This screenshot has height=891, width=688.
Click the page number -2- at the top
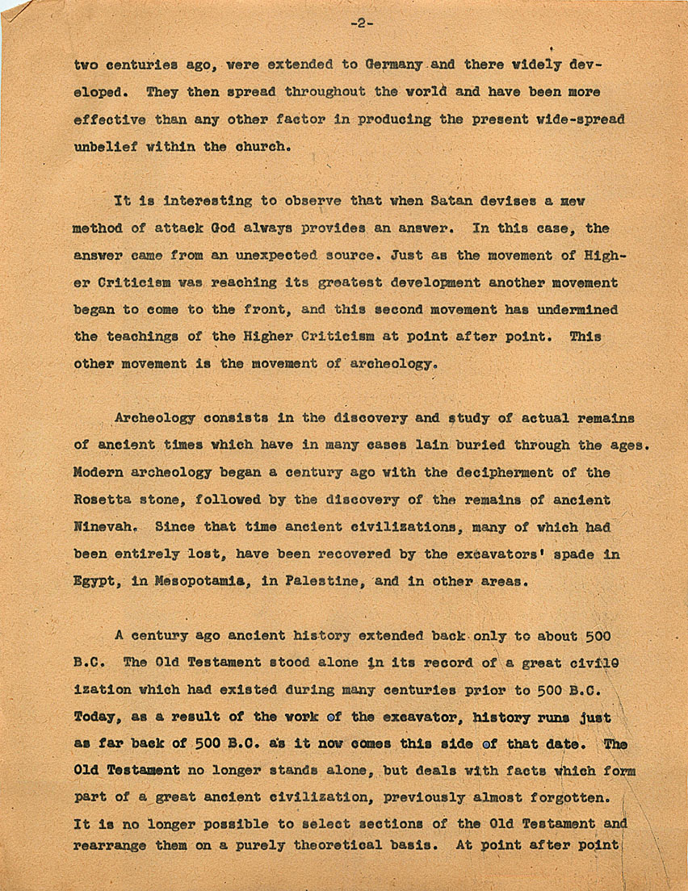tap(362, 23)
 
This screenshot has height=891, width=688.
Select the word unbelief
tap(103, 146)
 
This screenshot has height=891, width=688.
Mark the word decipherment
tap(483, 472)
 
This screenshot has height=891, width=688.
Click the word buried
tap(465, 445)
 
